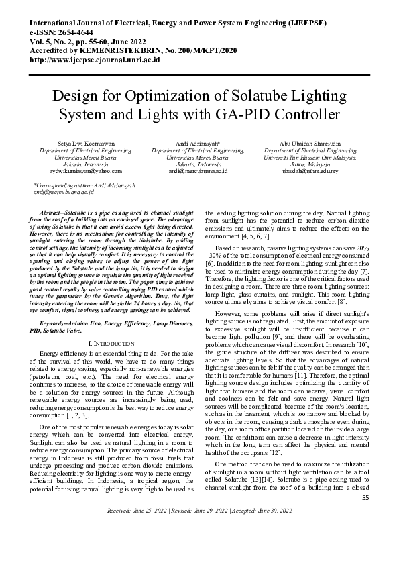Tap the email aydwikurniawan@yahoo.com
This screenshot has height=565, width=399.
point(75,171)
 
